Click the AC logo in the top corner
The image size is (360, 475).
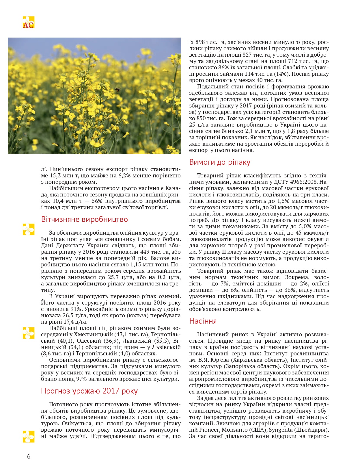tap(28, 22)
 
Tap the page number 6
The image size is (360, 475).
tap(29, 456)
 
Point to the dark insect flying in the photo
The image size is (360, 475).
tap(117, 90)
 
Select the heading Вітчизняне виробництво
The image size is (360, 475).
tap(84, 219)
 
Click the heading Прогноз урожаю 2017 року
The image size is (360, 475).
tap(89, 391)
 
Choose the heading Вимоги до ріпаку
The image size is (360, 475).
tap(220, 162)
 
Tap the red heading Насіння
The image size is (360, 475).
tap(203, 321)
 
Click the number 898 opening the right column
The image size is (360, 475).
tap(200, 42)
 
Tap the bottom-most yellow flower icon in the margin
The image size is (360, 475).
tap(28, 436)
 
